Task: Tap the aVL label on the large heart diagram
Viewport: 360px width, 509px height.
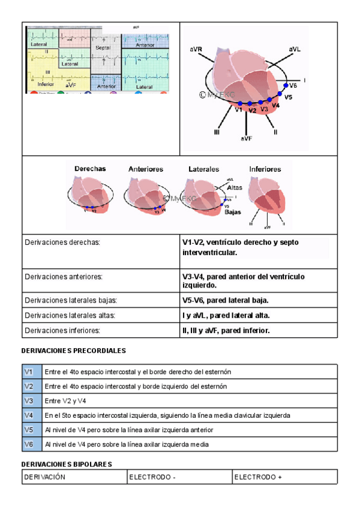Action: click(295, 49)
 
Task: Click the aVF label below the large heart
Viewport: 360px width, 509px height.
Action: click(247, 138)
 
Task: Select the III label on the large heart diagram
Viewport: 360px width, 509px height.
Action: click(217, 131)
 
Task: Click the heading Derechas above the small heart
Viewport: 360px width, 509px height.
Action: click(90, 169)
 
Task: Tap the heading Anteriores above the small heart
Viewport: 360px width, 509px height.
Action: click(146, 169)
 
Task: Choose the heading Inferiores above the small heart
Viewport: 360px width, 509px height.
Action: click(265, 169)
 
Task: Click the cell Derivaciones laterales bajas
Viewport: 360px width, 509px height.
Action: click(70, 300)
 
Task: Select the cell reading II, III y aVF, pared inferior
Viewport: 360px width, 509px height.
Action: click(226, 331)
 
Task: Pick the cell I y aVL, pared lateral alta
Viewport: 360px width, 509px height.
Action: click(226, 315)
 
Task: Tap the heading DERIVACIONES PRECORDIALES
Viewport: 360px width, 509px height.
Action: click(73, 350)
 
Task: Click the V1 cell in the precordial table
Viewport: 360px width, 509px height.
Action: click(28, 372)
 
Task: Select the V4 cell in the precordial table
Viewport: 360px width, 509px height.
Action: click(28, 415)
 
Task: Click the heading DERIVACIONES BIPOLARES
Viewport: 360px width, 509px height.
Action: click(67, 464)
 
